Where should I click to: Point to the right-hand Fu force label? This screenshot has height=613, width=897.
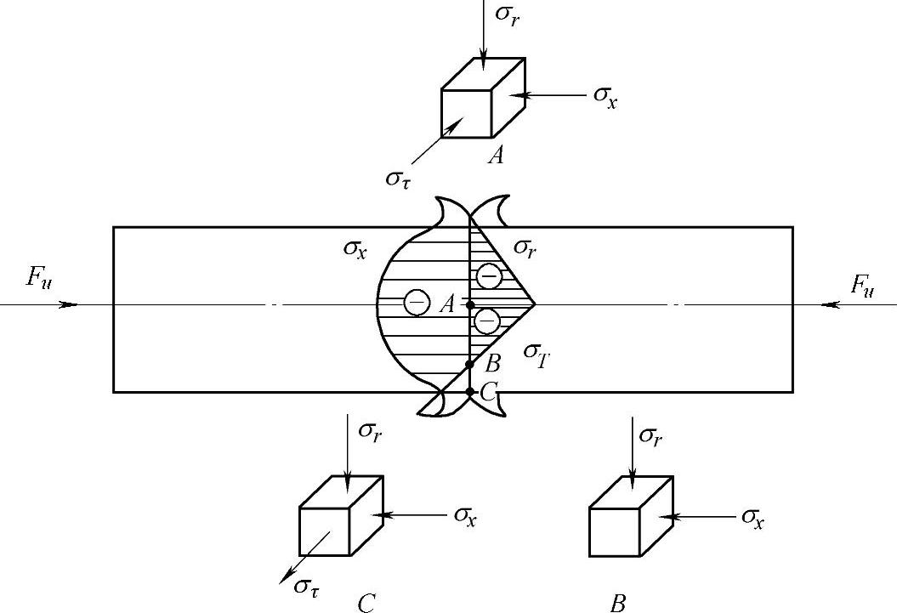[x=862, y=284]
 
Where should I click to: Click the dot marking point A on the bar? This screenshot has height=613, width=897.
[x=470, y=304]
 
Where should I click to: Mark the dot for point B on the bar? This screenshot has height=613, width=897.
[x=470, y=364]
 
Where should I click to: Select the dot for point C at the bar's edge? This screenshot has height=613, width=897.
[x=470, y=392]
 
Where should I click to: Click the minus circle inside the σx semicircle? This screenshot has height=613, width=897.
[x=416, y=302]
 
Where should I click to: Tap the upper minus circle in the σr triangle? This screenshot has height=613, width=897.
[x=489, y=276]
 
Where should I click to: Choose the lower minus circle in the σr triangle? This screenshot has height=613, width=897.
[x=486, y=321]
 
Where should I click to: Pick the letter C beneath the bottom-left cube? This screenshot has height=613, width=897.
[x=366, y=603]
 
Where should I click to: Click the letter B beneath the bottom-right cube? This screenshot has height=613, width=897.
[x=618, y=603]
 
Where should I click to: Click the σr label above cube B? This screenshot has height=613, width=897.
[x=649, y=436]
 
